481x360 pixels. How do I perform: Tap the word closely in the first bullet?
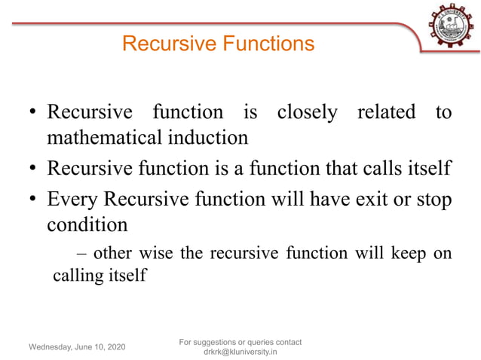tap(307, 113)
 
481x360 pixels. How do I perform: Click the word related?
tap(387, 113)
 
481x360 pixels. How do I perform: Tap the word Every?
tap(72, 200)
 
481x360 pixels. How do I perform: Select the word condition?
tap(87, 224)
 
